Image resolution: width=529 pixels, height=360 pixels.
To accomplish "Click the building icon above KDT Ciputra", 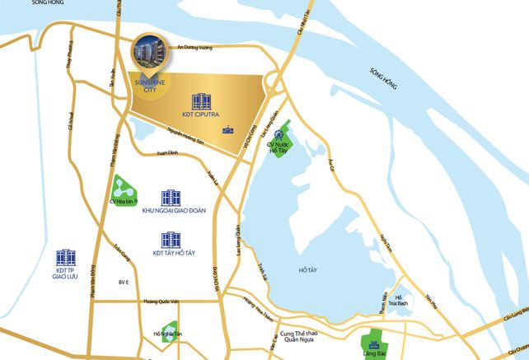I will pos(200,101).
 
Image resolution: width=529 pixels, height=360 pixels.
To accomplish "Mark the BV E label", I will pos(124,283).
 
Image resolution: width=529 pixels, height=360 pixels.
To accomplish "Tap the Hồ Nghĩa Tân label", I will pos(169,334).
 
